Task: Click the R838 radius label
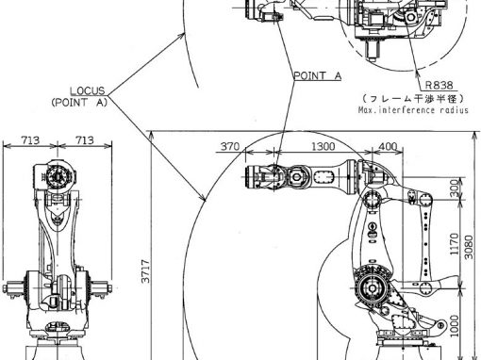440,85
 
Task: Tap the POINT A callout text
317,75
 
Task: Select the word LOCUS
87,90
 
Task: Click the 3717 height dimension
146,271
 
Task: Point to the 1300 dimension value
323,146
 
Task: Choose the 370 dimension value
230,146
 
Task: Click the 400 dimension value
388,146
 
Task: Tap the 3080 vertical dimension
469,247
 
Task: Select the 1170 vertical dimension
454,244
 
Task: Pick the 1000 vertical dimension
454,326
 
